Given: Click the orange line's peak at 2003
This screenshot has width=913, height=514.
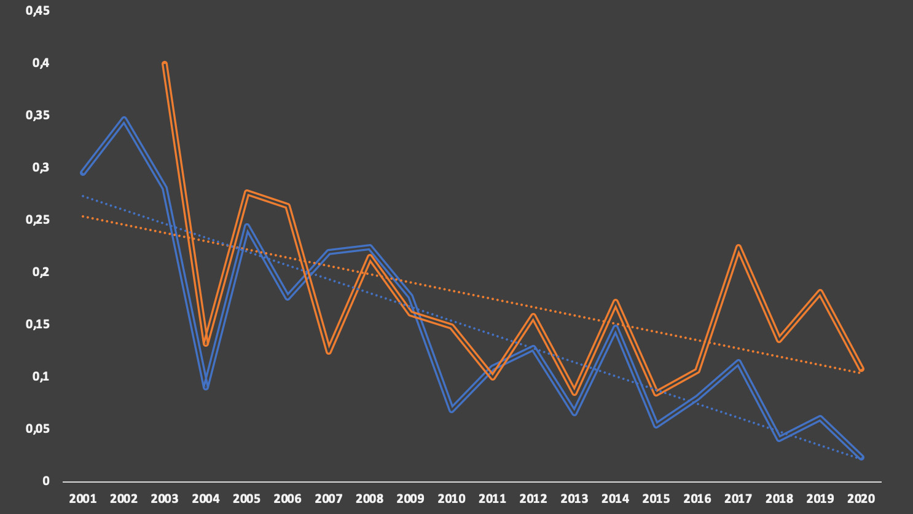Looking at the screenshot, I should click(165, 63).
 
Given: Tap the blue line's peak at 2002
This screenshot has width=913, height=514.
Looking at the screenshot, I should click(123, 119).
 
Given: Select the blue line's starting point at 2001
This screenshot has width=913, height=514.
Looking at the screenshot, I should click(83, 173).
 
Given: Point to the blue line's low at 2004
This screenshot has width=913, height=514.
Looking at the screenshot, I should click(206, 387).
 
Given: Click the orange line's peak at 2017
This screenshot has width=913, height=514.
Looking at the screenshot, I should click(738, 247).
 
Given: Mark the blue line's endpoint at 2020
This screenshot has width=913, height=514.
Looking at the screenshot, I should click(861, 457).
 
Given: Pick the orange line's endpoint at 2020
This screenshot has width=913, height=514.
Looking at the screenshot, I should click(861, 369).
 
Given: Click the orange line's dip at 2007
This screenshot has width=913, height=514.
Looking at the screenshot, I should click(329, 351).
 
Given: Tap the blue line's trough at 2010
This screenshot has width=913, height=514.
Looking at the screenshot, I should click(452, 409).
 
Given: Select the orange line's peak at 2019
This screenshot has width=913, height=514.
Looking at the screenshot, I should click(820, 292).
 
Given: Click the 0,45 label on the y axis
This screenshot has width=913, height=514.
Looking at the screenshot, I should click(37, 10).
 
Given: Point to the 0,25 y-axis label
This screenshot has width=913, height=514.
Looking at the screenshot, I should click(37, 219).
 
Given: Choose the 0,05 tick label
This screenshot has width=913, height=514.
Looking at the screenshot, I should click(37, 429).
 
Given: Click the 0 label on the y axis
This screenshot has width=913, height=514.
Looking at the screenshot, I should click(46, 481).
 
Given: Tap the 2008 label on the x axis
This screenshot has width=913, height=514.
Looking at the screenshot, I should click(369, 499).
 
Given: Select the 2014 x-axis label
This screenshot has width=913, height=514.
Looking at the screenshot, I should click(615, 499).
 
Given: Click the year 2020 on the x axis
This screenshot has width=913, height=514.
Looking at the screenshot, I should click(861, 499).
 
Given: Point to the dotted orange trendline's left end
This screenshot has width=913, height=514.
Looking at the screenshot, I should click(83, 216).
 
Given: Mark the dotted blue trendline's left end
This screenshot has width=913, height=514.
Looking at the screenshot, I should click(83, 196).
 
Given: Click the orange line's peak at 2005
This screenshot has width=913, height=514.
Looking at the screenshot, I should click(246, 192).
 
